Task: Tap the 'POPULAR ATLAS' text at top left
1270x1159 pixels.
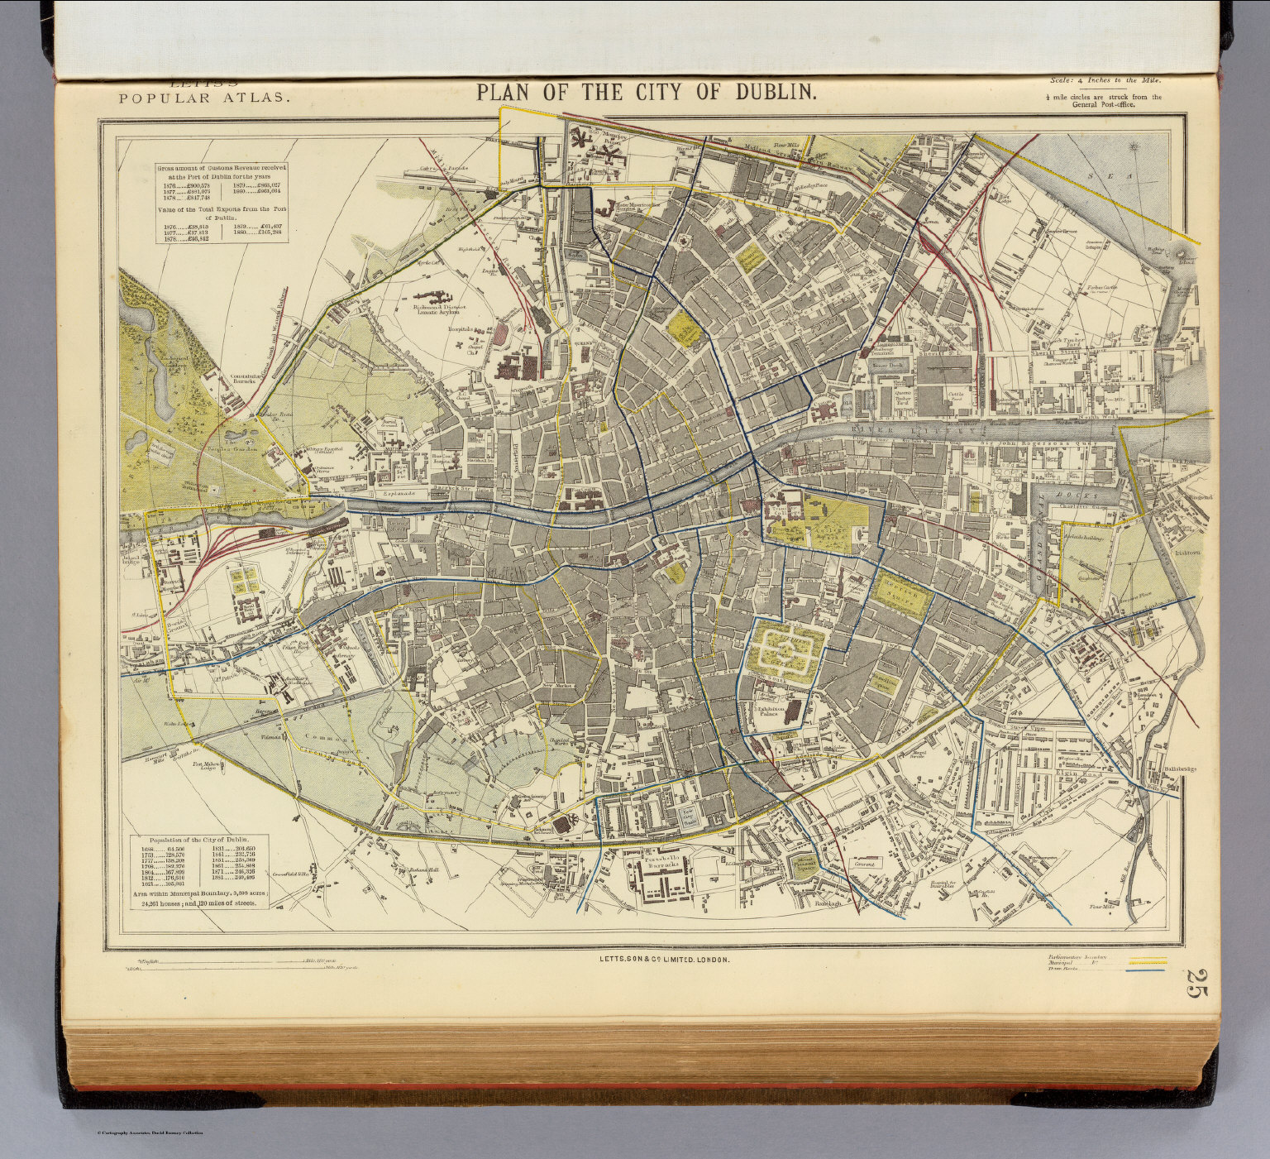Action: pos(204,98)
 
